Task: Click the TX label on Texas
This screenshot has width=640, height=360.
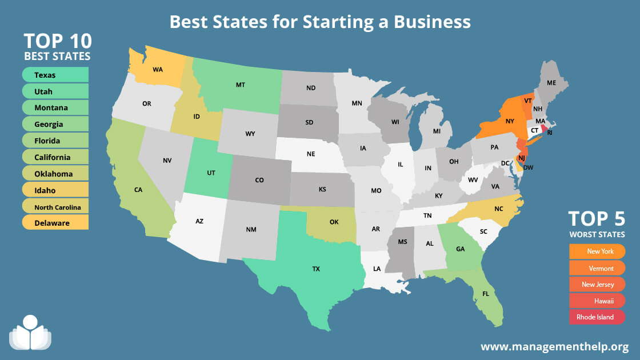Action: [x=315, y=269]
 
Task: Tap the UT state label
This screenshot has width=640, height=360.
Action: [x=211, y=172]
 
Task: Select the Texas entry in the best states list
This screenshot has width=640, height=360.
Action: [x=55, y=75]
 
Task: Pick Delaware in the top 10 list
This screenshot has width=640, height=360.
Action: [x=55, y=223]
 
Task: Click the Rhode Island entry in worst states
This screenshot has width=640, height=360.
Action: [x=597, y=317]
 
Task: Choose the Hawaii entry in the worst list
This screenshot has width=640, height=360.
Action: [x=597, y=301]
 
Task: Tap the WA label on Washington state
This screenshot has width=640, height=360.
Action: [x=158, y=70]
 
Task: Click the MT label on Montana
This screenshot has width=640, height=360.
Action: [x=241, y=85]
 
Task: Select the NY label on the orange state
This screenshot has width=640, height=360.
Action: [x=510, y=121]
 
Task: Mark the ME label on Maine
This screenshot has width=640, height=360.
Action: [x=551, y=83]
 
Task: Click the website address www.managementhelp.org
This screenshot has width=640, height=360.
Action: [x=554, y=346]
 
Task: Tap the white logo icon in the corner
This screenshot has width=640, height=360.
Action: [x=30, y=333]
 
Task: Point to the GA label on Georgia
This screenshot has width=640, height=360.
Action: [x=460, y=249]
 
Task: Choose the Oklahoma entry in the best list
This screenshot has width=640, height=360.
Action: [x=55, y=173]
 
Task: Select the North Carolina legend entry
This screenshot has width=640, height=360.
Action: [x=55, y=207]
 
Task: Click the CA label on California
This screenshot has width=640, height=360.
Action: [x=138, y=190]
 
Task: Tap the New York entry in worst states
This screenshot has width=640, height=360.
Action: [x=597, y=251]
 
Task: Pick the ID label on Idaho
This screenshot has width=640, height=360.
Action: [x=197, y=116]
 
